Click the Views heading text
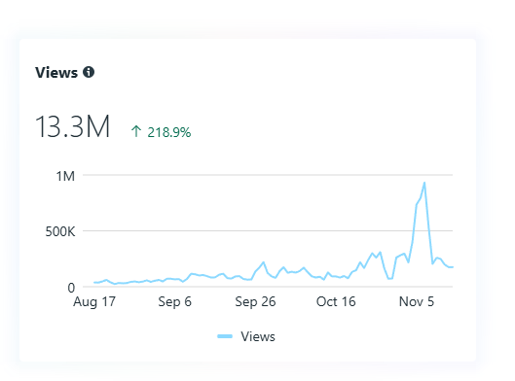pyautogui.click(x=56, y=72)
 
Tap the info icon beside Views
pyautogui.click(x=89, y=72)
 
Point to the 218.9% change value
pyautogui.click(x=168, y=131)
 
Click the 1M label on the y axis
pyautogui.click(x=65, y=176)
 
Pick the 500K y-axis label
pyautogui.click(x=58, y=231)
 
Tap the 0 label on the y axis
pyautogui.click(x=71, y=287)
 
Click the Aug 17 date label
pyautogui.click(x=94, y=302)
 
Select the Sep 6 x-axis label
pyautogui.click(x=174, y=302)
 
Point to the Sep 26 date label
pyautogui.click(x=256, y=302)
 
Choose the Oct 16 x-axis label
pyautogui.click(x=337, y=302)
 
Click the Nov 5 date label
pyautogui.click(x=417, y=302)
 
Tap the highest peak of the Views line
pyautogui.click(x=424, y=183)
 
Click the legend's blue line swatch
pyautogui.click(x=227, y=336)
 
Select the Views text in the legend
pyautogui.click(x=258, y=336)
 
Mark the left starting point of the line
pyautogui.click(x=94, y=283)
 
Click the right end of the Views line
pyautogui.click(x=453, y=267)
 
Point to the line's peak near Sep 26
pyautogui.click(x=264, y=262)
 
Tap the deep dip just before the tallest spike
pyautogui.click(x=390, y=279)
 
